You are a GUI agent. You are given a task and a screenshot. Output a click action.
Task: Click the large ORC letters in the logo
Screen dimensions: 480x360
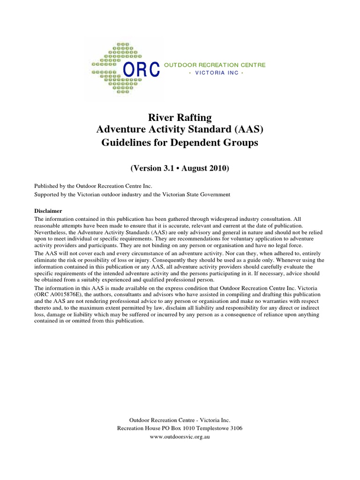click(141, 69)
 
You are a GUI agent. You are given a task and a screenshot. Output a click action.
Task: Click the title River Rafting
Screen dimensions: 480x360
click(180, 117)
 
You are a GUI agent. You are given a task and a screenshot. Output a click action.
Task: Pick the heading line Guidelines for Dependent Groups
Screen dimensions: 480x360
click(180, 143)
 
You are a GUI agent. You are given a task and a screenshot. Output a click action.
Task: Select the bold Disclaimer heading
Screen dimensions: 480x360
click(48, 210)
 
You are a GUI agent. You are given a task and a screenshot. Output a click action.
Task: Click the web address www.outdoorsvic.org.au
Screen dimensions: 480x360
click(180, 437)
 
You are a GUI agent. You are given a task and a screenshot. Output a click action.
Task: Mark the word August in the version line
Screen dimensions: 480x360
click(193, 168)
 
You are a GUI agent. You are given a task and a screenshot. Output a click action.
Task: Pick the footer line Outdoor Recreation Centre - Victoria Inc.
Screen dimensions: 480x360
click(180, 420)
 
